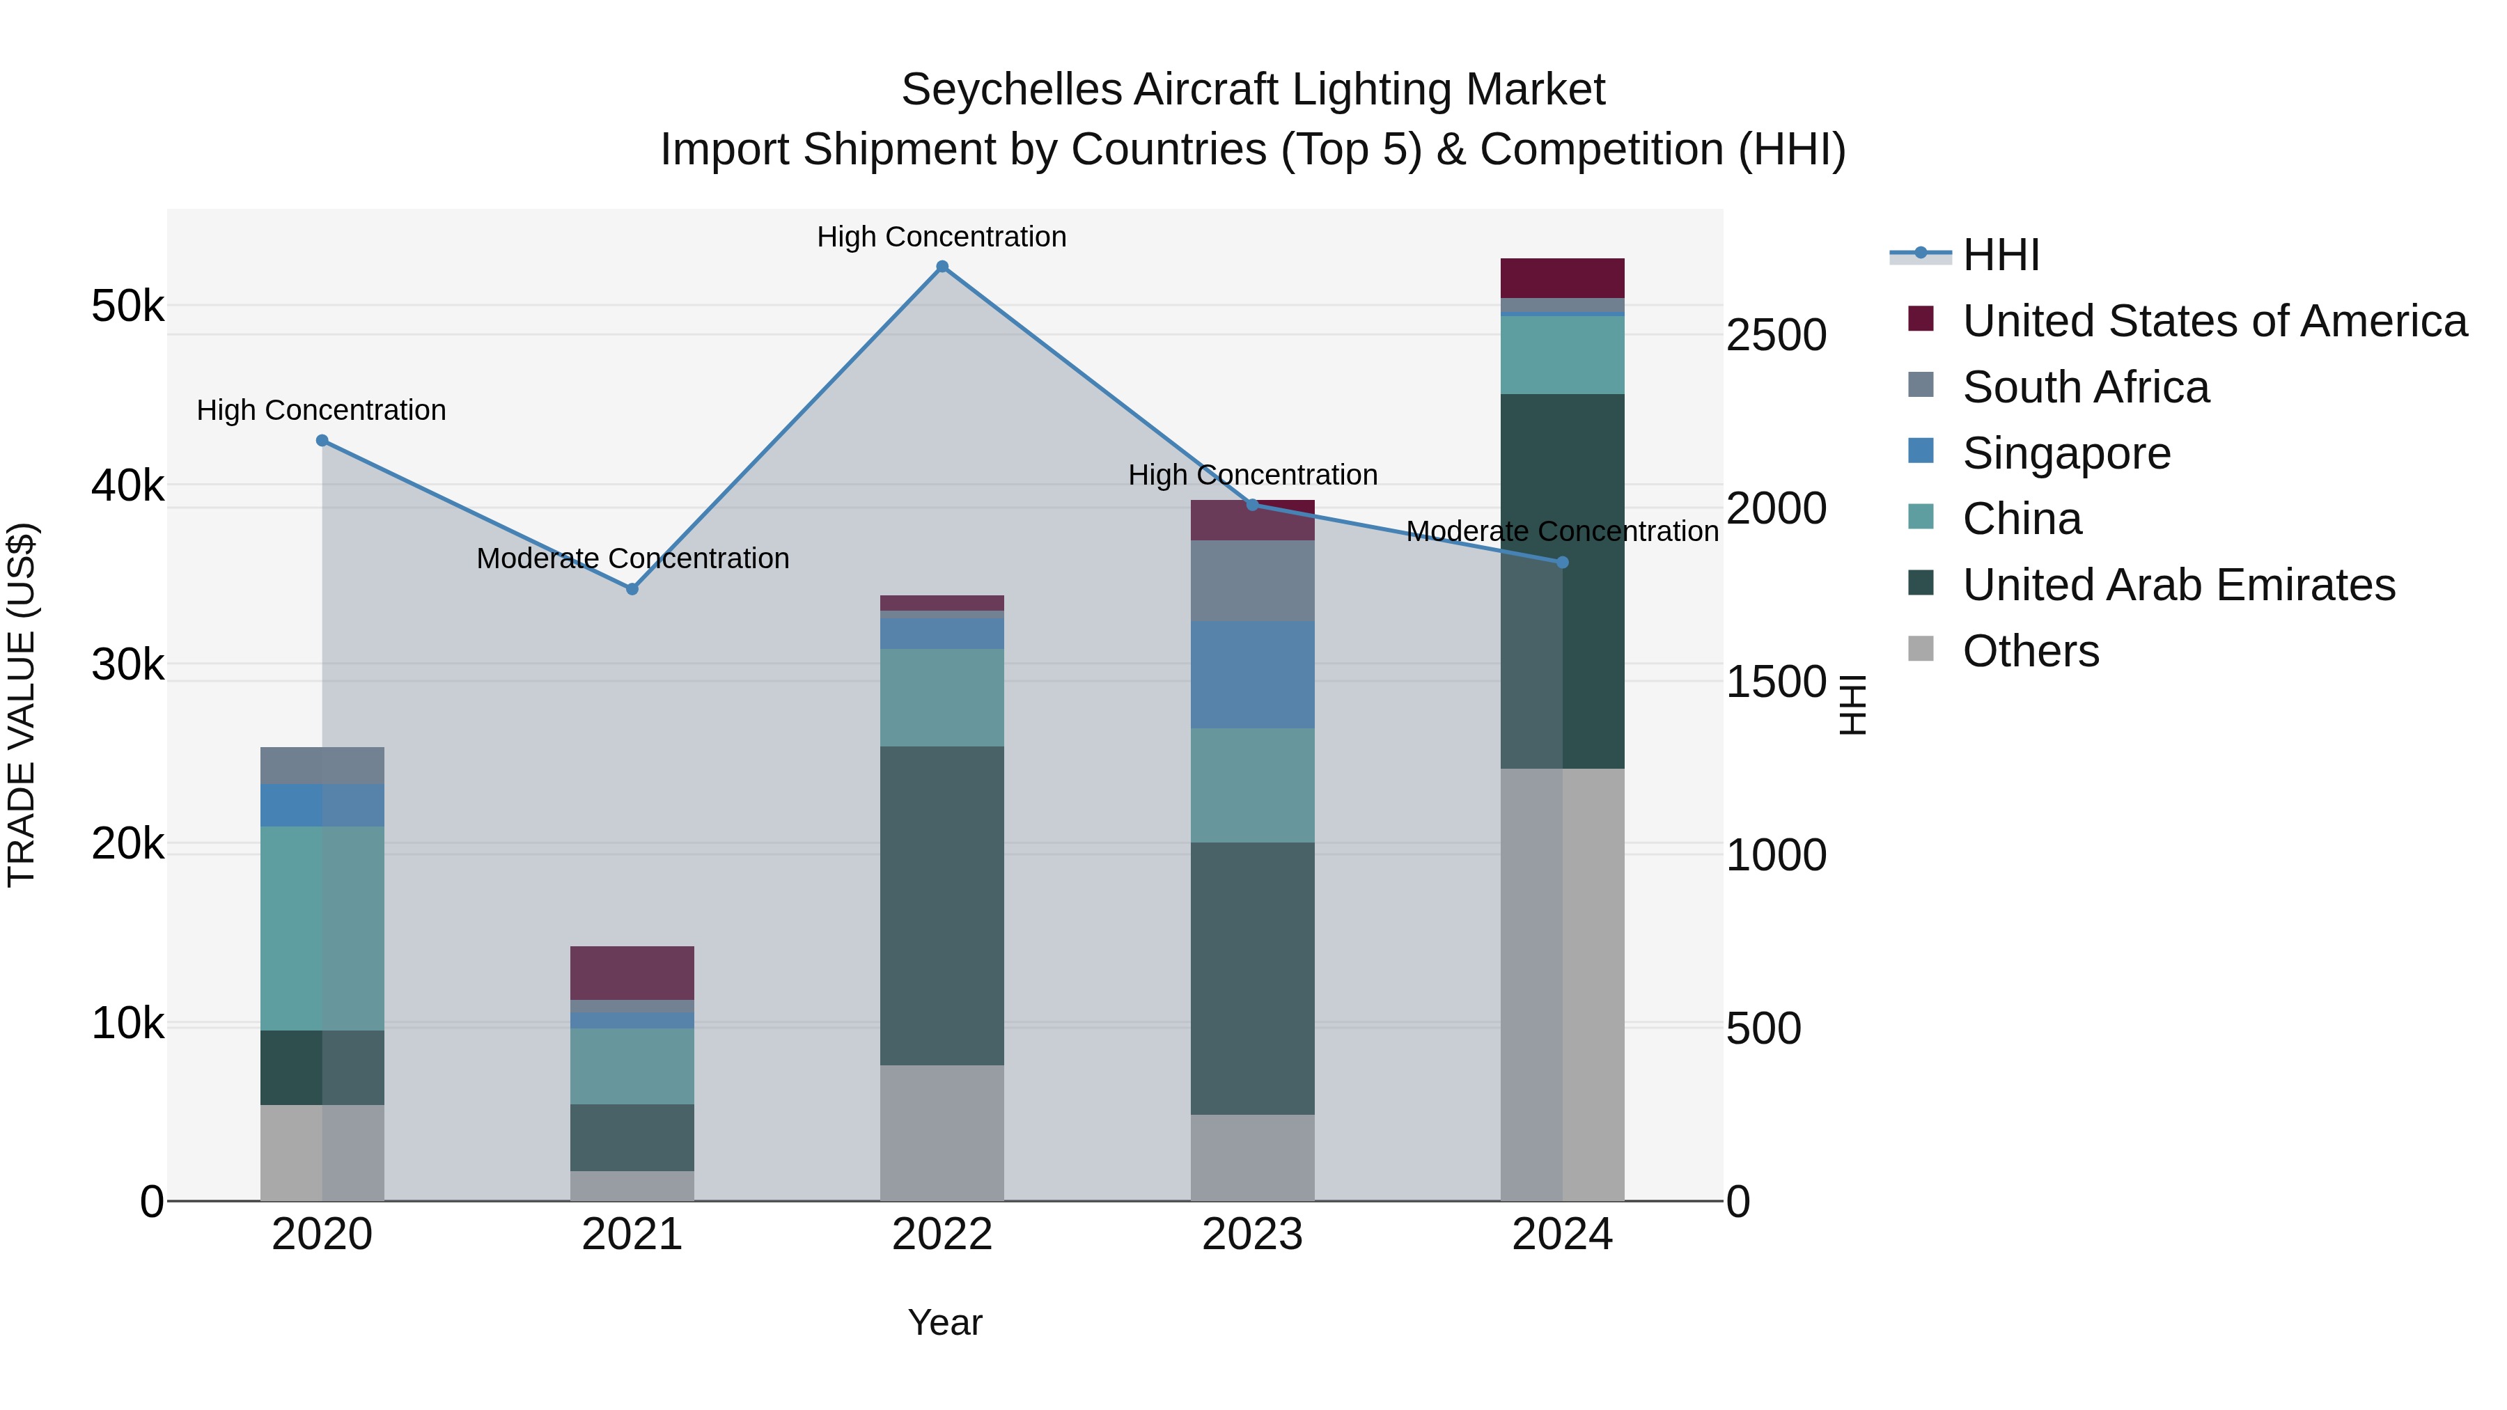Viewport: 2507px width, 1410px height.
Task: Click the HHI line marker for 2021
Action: pyautogui.click(x=632, y=588)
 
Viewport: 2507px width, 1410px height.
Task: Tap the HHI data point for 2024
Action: pyautogui.click(x=1562, y=563)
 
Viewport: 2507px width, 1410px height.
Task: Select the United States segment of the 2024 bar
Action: pyautogui.click(x=1562, y=279)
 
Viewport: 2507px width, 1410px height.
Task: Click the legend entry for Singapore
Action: pyautogui.click(x=2065, y=453)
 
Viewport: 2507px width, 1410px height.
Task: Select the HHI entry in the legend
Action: pyautogui.click(x=2000, y=255)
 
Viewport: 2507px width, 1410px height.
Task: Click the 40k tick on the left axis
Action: pyautogui.click(x=127, y=485)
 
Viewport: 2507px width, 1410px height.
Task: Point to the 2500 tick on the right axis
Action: pyautogui.click(x=1776, y=335)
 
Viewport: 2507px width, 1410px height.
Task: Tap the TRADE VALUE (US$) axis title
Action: pyautogui.click(x=22, y=705)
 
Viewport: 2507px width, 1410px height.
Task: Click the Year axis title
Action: pyautogui.click(x=944, y=1322)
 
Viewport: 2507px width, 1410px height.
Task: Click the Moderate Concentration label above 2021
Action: pyautogui.click(x=632, y=558)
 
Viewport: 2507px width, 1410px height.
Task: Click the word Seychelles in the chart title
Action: pyautogui.click(x=1011, y=90)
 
